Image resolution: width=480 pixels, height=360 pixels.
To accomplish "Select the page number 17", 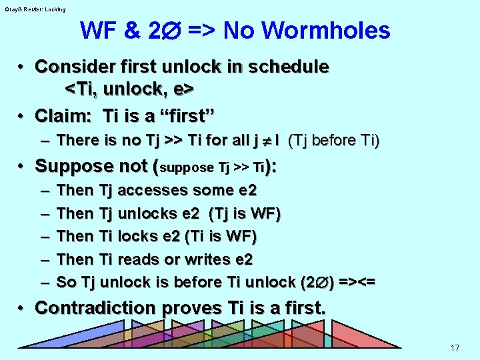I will (x=455, y=347).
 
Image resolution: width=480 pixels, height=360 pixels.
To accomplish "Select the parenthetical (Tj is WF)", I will (x=245, y=213).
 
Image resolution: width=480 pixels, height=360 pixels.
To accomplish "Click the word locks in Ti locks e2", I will (x=139, y=236).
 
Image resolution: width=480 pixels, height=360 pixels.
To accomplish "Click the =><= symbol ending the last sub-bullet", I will (x=356, y=282).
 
